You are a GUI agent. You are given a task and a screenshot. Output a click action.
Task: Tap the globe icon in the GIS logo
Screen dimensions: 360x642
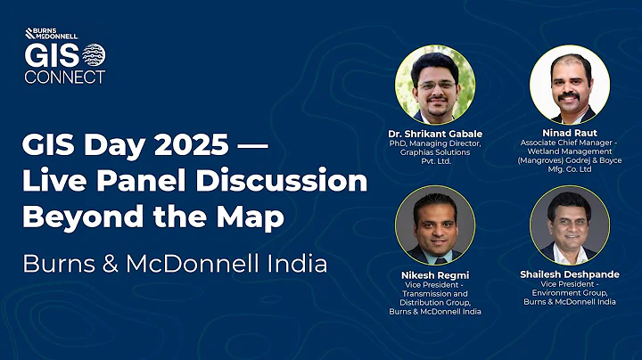[x=93, y=55]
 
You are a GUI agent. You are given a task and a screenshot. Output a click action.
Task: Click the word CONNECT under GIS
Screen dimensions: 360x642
[x=64, y=77]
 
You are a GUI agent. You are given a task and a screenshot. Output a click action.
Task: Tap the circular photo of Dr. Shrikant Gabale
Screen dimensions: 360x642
[x=434, y=86]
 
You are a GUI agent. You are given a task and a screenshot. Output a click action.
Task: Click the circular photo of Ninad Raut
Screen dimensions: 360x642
[x=570, y=85]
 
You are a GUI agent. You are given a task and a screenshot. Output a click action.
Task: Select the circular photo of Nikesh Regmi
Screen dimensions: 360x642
[x=434, y=226]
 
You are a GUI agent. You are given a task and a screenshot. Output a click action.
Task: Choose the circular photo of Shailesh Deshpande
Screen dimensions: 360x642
[x=570, y=226]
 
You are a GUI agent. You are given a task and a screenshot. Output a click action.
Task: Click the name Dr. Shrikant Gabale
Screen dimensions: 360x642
[x=434, y=134]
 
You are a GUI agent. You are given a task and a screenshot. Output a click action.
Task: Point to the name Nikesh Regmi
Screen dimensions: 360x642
[x=434, y=275]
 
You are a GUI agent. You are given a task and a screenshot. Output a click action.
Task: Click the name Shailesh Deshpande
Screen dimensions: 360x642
[x=570, y=275]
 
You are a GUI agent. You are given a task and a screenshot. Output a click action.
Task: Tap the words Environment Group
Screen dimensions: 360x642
[x=570, y=294]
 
